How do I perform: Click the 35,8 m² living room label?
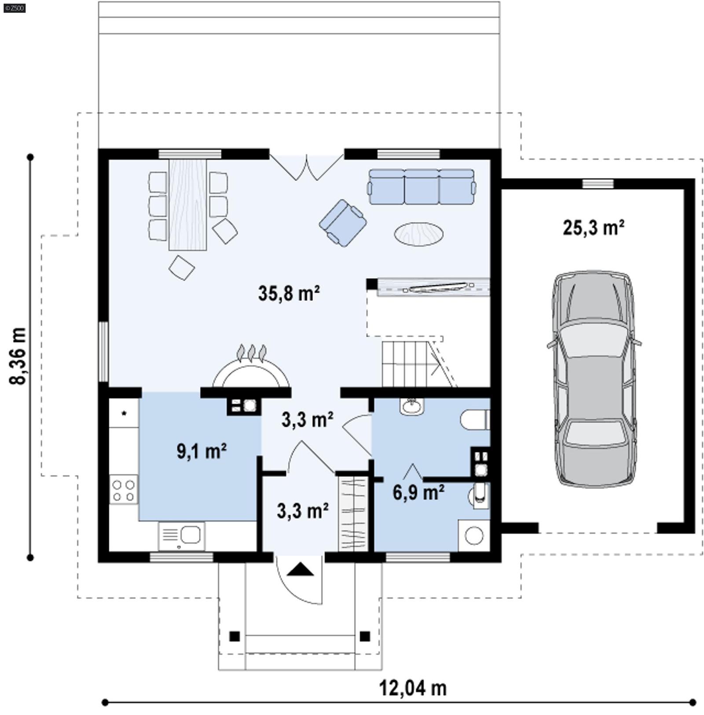(289, 293)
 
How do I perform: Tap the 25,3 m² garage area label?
(593, 228)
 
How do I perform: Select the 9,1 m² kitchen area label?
(202, 451)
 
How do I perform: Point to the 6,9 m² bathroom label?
(418, 493)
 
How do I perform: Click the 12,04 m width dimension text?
(413, 688)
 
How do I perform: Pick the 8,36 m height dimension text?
(18, 356)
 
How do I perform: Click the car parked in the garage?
(594, 379)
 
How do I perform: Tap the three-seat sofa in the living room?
(422, 187)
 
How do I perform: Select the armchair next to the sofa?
(343, 223)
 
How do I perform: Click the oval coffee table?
(418, 234)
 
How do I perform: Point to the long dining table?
(188, 205)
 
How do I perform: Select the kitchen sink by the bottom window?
(181, 535)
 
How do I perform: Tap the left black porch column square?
(235, 636)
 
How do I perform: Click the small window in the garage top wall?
(598, 183)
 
